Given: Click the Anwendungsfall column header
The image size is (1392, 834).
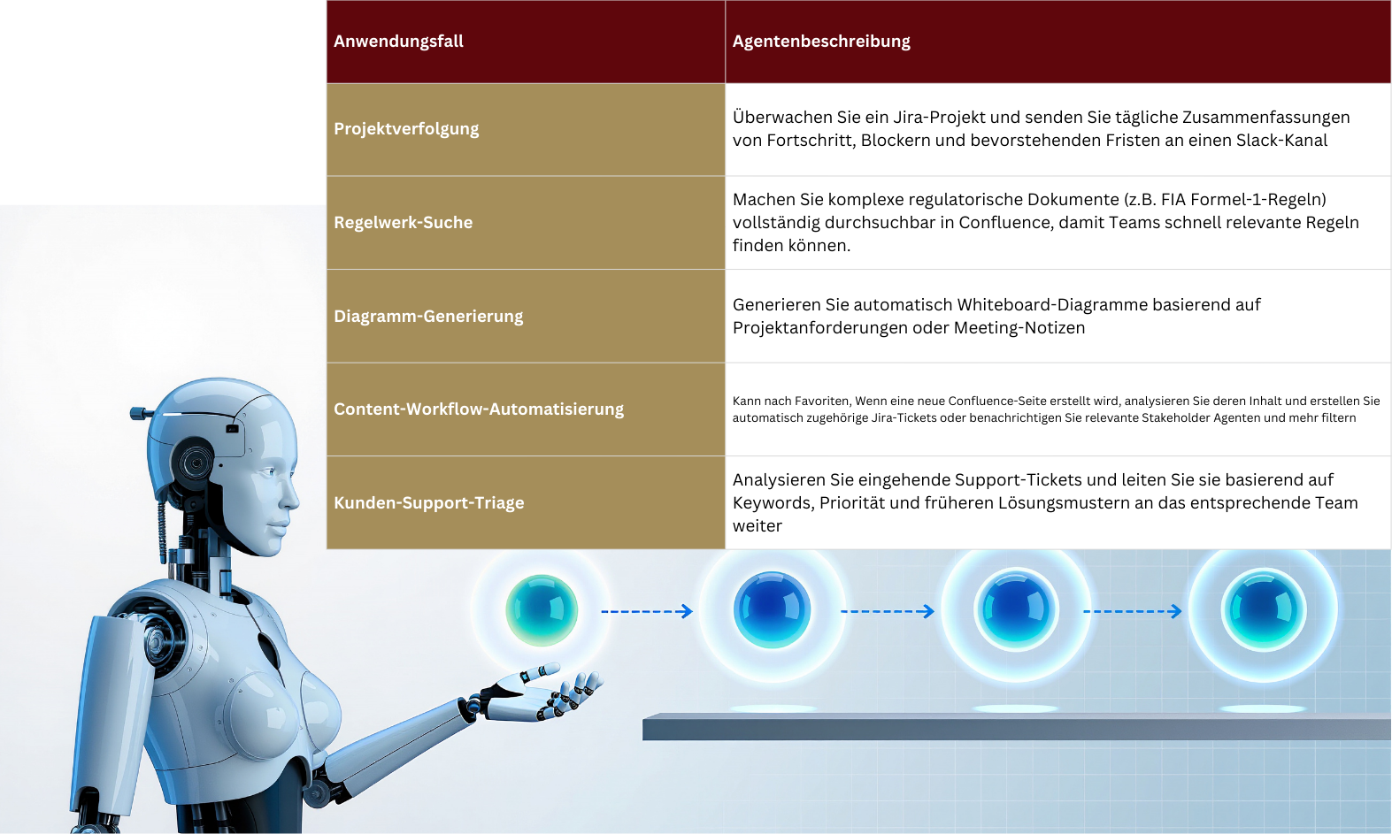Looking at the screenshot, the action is [x=398, y=42].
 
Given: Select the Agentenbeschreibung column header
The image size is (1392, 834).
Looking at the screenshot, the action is [x=821, y=42].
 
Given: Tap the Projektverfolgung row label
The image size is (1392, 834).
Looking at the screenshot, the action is [x=406, y=129].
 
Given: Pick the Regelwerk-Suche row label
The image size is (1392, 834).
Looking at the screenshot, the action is [x=404, y=222].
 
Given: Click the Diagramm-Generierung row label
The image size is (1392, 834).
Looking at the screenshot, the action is [x=429, y=316].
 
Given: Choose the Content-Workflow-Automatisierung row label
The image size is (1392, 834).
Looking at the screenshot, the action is [x=479, y=409].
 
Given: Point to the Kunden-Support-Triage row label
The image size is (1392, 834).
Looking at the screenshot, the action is [x=429, y=502].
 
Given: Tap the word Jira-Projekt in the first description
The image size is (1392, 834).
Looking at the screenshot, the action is [x=939, y=118].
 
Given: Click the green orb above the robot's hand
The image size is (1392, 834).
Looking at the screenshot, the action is [x=542, y=610].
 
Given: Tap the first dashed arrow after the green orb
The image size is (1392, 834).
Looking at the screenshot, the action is [x=646, y=612].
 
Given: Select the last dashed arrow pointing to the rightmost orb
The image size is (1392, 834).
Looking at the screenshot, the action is [x=1132, y=612].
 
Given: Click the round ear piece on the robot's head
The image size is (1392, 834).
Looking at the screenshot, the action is [x=195, y=463].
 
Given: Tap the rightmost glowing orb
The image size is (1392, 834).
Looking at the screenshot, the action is [x=1264, y=610].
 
